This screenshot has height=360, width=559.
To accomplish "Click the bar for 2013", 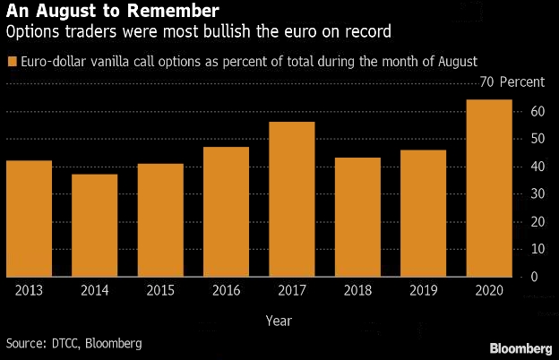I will click(x=29, y=219).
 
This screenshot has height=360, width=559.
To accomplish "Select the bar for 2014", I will click(x=94, y=225).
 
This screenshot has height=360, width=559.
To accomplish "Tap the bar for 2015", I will click(x=160, y=220).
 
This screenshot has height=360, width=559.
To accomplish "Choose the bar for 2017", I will click(x=292, y=199).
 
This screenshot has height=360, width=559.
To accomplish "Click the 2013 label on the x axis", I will click(x=29, y=290).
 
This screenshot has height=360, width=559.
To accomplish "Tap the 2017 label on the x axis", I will click(x=292, y=290).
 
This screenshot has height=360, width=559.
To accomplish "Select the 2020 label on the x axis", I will click(x=489, y=290).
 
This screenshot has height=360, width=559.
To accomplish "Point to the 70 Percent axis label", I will click(x=512, y=82).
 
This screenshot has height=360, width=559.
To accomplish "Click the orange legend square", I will click(x=11, y=61).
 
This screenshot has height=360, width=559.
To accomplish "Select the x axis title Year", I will click(x=278, y=319).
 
